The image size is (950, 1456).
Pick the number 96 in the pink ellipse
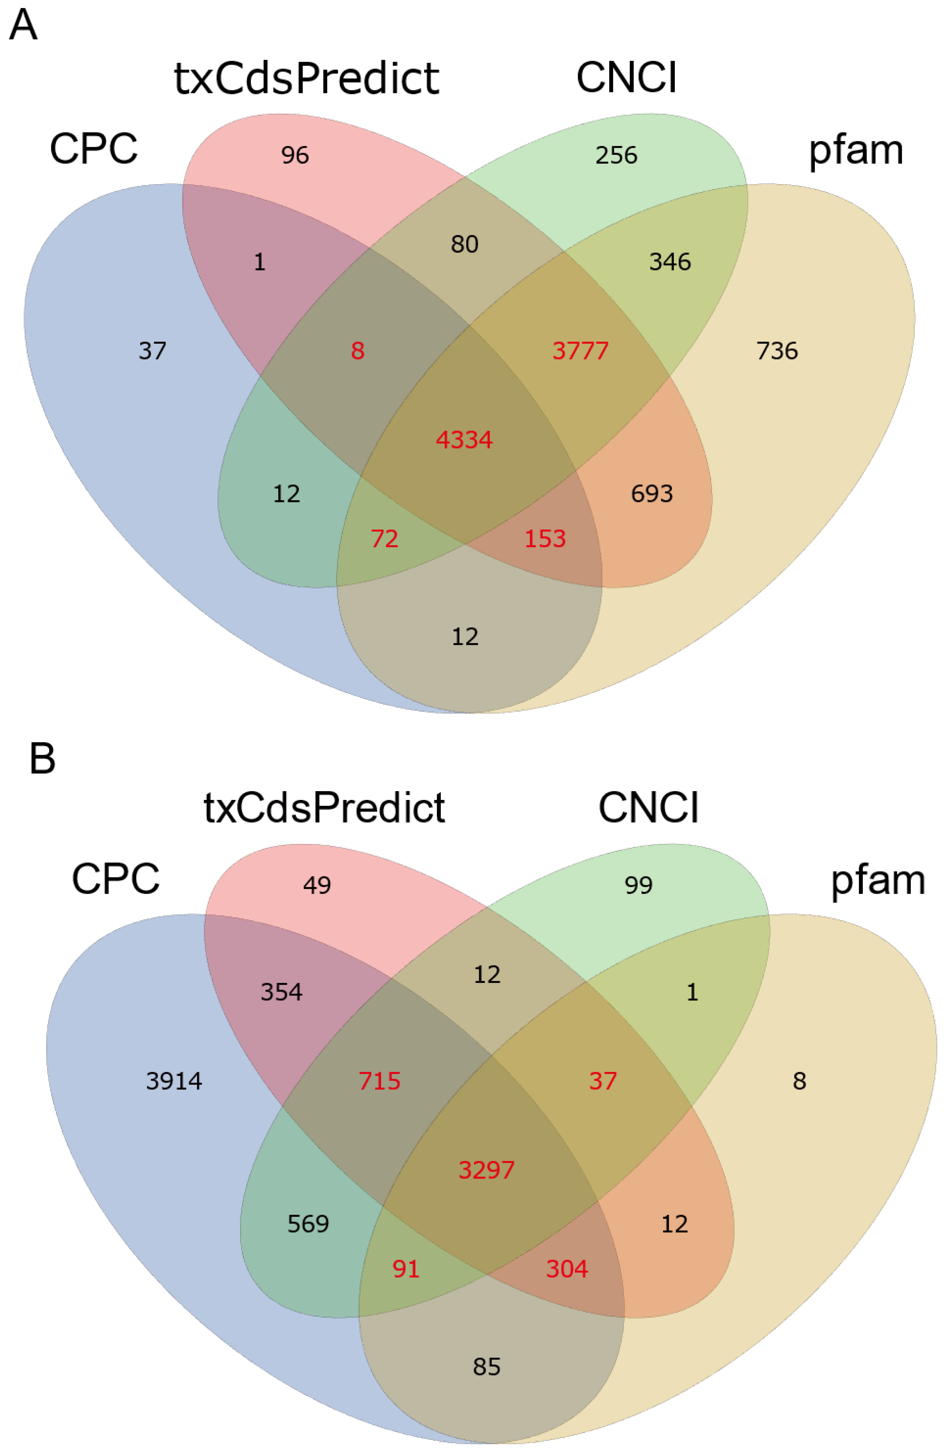[295, 155]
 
